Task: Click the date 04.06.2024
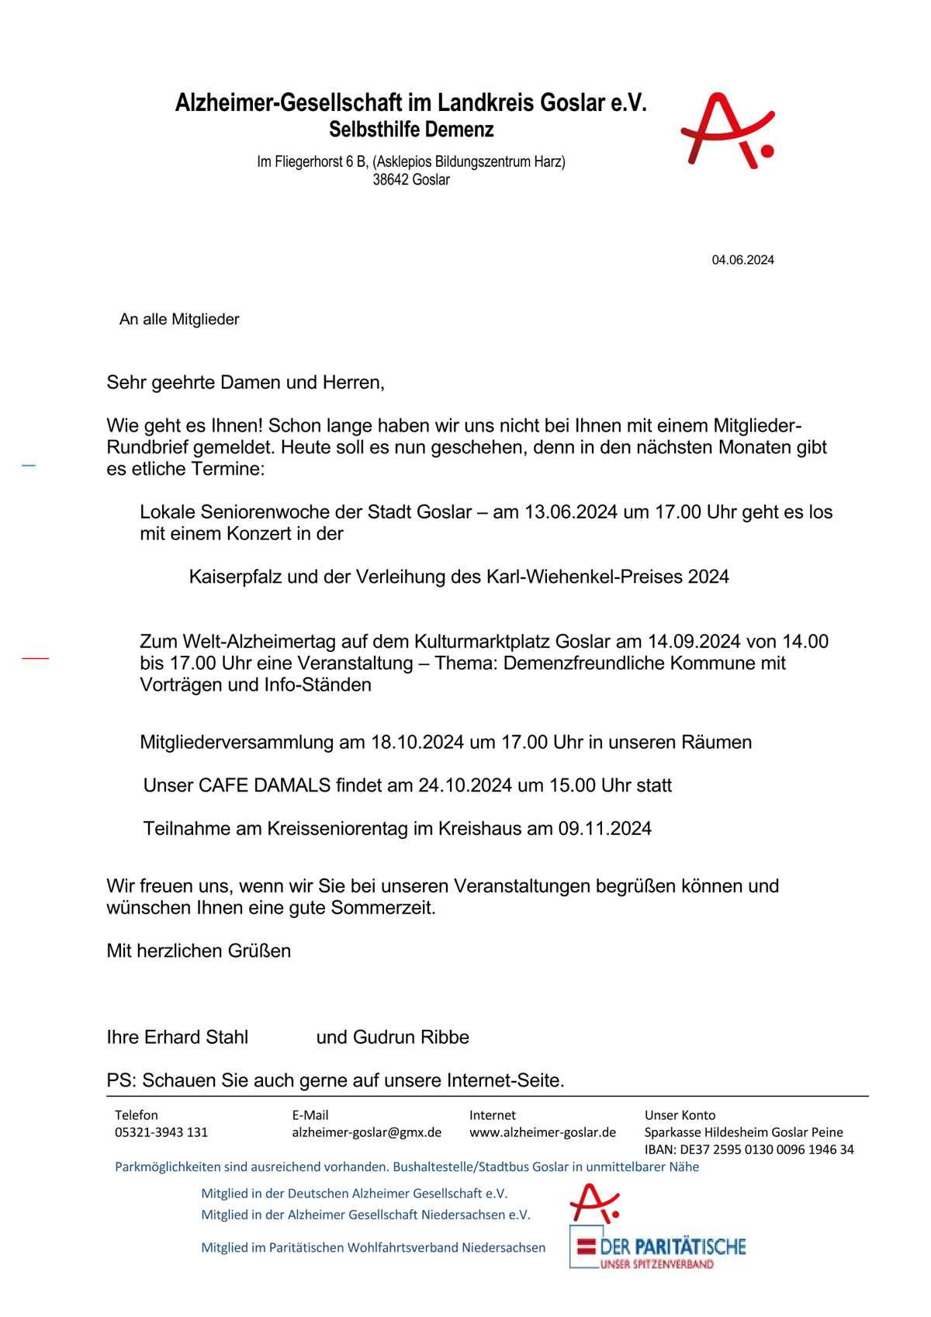742,260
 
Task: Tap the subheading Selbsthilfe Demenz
411,130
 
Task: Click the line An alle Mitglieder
179,320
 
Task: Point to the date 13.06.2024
571,512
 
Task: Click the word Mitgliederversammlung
237,743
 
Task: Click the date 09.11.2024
604,829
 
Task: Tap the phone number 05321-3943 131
161,1132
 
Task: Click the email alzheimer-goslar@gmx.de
366,1132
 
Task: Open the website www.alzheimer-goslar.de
542,1132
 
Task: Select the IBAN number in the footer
749,1149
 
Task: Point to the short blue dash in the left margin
29,466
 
